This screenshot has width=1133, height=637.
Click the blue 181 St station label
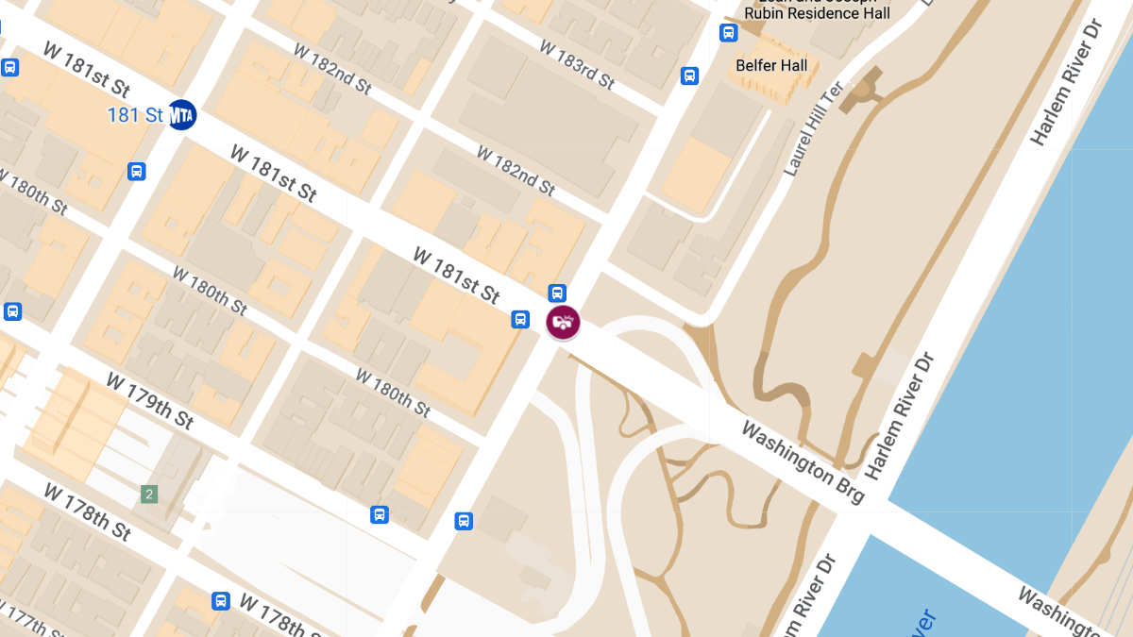136,115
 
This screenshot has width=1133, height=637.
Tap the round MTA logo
181,115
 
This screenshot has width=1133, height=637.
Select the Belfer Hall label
771,65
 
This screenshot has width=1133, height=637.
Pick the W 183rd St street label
577,64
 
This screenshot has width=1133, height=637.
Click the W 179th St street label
150,401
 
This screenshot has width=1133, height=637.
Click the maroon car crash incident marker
563,322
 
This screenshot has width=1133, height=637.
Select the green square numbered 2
149,494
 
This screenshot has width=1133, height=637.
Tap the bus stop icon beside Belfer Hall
689,75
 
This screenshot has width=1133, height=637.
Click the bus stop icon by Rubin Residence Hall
728,33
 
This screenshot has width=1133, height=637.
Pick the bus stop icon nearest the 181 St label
137,171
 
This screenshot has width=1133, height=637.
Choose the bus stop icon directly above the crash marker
558,293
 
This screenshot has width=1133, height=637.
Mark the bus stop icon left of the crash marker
520,319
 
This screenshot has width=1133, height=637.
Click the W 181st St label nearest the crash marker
457,275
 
